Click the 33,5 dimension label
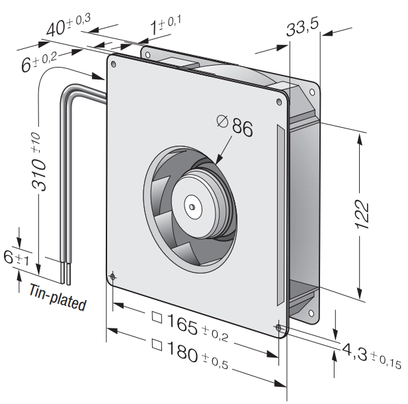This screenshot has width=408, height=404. [x=302, y=28]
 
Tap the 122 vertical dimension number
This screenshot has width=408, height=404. [x=362, y=215]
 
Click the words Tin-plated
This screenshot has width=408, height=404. [x=58, y=297]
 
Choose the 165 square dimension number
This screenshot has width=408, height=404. [x=182, y=324]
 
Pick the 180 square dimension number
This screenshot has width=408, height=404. [x=182, y=352]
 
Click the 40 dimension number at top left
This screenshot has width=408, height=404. [x=56, y=28]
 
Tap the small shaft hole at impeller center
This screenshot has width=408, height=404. [x=192, y=207]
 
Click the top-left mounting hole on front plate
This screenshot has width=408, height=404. [x=114, y=64]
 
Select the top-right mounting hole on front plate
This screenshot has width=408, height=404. [x=279, y=101]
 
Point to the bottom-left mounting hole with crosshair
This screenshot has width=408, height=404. [x=112, y=277]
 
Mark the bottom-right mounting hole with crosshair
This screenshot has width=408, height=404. [x=278, y=328]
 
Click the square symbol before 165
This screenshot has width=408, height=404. [x=157, y=317]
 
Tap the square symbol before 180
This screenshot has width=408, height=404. [x=157, y=345]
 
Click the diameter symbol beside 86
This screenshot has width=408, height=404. [x=222, y=121]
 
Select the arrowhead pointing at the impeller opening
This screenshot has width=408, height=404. [x=219, y=159]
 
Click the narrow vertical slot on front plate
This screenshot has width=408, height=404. [x=281, y=215]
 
